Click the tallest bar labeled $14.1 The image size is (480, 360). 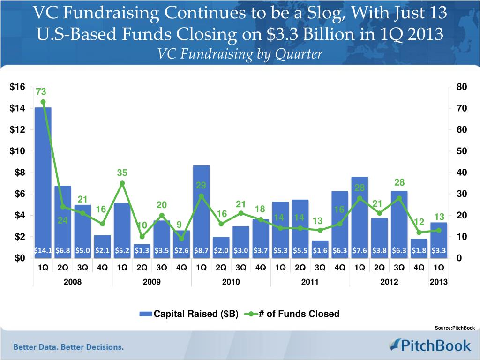(43, 178)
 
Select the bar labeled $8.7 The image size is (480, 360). (201, 206)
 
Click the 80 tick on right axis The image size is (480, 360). (461, 87)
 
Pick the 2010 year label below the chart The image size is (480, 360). (231, 282)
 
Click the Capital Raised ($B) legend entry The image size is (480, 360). (189, 314)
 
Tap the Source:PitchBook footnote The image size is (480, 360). (455, 328)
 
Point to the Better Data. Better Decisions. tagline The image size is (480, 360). (68, 347)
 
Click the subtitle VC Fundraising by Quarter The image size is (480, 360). (240, 55)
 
